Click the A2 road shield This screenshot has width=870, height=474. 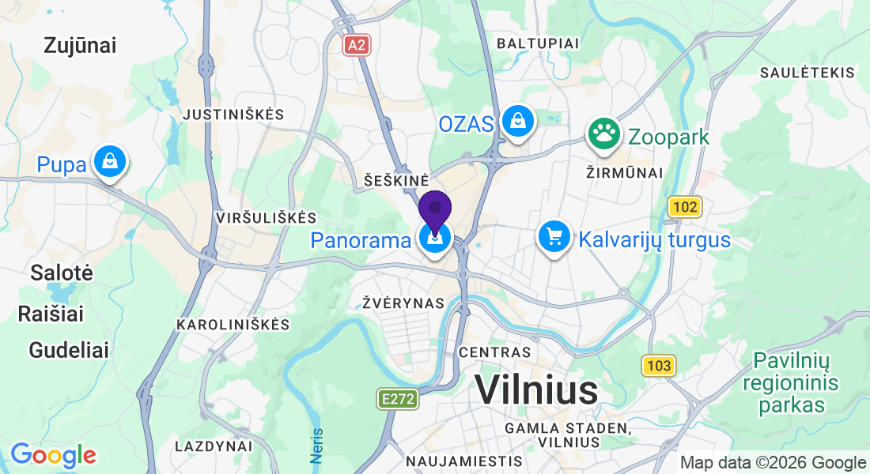(x=357, y=45)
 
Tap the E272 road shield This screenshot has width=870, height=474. (x=396, y=399)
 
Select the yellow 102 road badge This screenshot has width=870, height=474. (x=685, y=208)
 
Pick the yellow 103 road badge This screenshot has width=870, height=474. (x=658, y=365)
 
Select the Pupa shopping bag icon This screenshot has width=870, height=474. (x=109, y=162)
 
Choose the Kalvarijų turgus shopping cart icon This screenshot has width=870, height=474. (x=554, y=237)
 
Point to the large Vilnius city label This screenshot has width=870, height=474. (x=536, y=390)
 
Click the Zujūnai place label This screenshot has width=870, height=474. (x=81, y=46)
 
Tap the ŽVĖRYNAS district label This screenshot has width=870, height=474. (x=403, y=303)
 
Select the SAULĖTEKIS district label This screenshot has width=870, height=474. (x=807, y=73)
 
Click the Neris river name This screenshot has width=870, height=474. (x=316, y=446)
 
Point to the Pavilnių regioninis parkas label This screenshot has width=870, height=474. (x=791, y=384)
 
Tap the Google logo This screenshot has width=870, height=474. (x=53, y=455)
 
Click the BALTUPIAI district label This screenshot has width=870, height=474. (x=537, y=43)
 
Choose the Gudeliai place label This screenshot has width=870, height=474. (x=69, y=350)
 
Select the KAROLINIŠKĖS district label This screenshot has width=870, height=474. (x=233, y=325)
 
